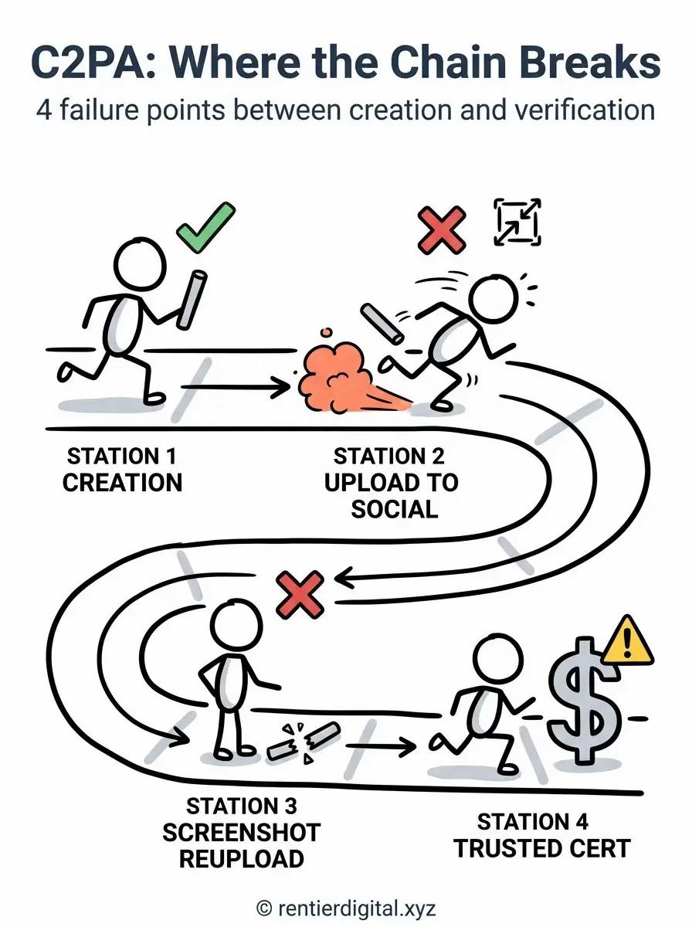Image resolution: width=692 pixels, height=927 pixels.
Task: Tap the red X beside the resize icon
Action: pyautogui.click(x=442, y=230)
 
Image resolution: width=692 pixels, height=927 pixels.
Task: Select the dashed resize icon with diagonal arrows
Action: pyautogui.click(x=517, y=222)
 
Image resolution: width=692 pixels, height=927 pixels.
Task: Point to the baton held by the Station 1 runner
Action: pyautogui.click(x=192, y=300)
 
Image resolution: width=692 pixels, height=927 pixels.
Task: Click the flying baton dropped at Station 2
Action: pyautogui.click(x=382, y=324)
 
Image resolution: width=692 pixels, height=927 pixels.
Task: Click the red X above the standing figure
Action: pyautogui.click(x=300, y=595)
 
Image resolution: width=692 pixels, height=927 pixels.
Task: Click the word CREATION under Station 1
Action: pyautogui.click(x=123, y=483)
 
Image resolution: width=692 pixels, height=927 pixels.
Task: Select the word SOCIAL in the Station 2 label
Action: pyautogui.click(x=395, y=509)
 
